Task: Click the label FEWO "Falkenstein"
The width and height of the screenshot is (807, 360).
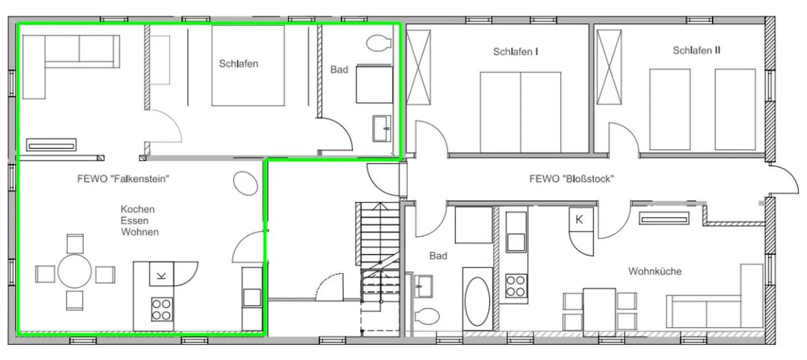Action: (x=123, y=179)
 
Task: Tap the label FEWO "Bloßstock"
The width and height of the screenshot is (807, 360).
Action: (x=571, y=179)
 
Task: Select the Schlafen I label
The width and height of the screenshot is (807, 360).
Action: (x=515, y=52)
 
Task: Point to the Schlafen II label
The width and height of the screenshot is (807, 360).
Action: (x=696, y=51)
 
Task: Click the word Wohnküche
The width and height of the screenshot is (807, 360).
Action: (x=655, y=271)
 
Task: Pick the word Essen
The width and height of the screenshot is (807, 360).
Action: (x=134, y=221)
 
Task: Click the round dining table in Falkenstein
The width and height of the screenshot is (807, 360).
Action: (x=75, y=271)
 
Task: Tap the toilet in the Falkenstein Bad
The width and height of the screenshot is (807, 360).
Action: (x=379, y=43)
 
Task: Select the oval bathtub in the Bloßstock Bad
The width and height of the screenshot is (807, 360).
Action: (x=477, y=301)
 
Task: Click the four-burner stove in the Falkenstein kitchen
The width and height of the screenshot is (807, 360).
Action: (x=162, y=309)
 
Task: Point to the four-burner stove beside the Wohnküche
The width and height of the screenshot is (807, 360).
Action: (x=516, y=286)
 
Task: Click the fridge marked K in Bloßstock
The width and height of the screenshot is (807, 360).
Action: (x=581, y=220)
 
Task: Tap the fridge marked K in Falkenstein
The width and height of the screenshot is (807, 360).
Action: (x=161, y=274)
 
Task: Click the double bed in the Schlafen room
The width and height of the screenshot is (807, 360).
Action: (x=248, y=65)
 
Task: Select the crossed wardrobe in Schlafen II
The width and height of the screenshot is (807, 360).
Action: (x=609, y=67)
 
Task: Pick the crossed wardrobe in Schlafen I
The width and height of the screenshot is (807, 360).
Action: (x=418, y=67)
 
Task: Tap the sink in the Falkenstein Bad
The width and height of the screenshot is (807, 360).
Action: (x=382, y=128)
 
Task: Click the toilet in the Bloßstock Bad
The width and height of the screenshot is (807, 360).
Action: (x=427, y=316)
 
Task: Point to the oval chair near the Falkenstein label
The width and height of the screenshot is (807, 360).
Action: (x=245, y=183)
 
